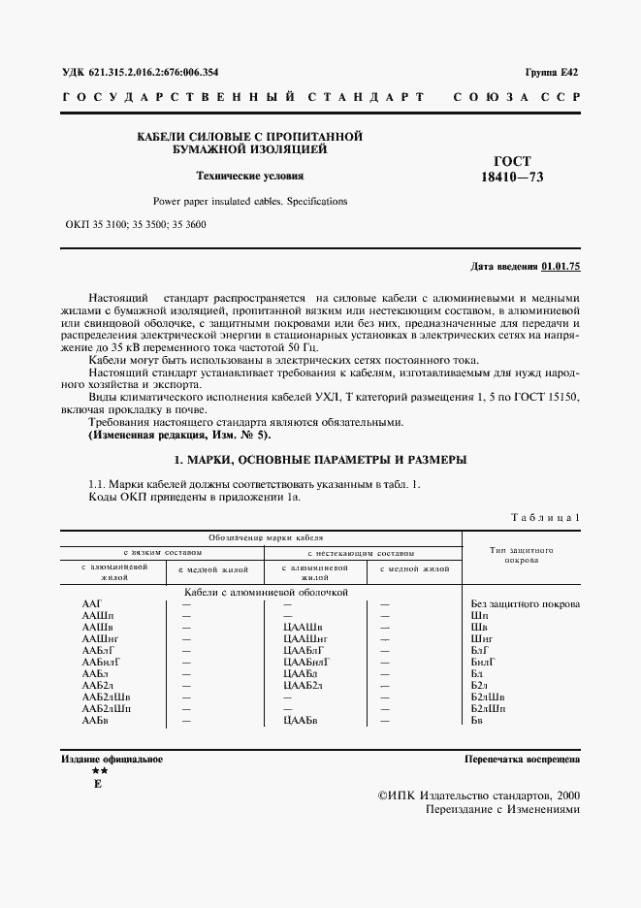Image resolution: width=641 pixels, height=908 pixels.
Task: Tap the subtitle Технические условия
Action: tap(250, 177)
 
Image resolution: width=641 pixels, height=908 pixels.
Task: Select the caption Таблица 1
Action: tap(545, 517)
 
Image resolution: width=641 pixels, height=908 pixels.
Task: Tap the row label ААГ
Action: tap(93, 604)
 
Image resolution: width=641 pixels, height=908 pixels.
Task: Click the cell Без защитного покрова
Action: tap(525, 604)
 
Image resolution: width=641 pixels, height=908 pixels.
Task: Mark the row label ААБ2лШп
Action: tap(107, 709)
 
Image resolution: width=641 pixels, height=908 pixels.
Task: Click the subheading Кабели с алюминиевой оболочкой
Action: tap(265, 591)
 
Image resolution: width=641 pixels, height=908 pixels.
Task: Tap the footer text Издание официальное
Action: tap(112, 760)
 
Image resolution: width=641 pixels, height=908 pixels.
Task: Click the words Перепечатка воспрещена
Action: tap(522, 760)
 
